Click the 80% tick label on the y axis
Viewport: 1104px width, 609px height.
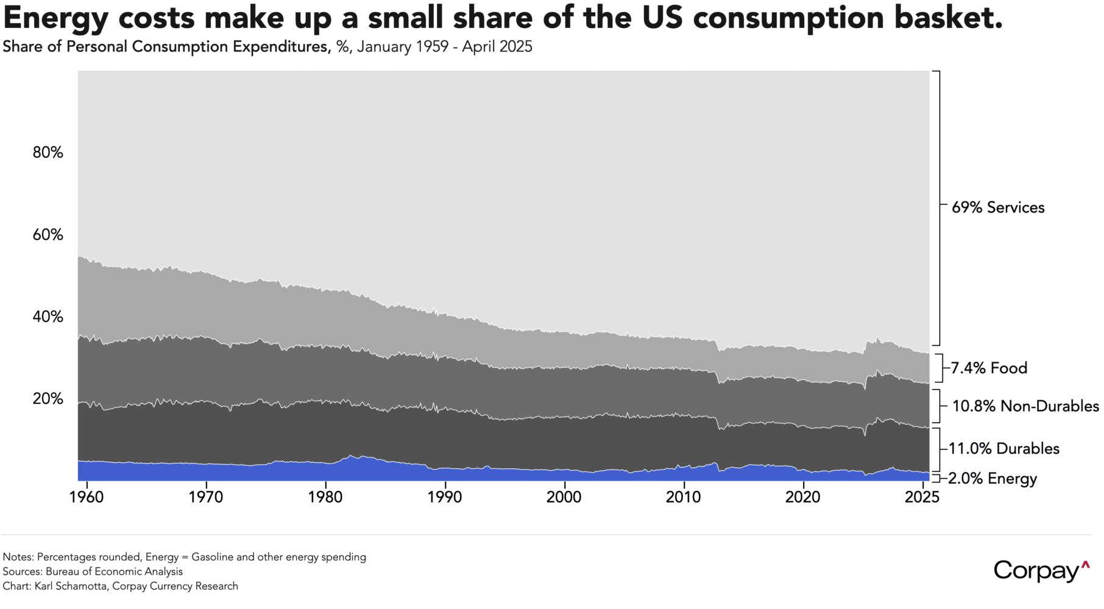click(48, 152)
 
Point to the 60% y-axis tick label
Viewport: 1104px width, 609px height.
click(48, 234)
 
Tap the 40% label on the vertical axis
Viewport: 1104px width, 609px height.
click(48, 317)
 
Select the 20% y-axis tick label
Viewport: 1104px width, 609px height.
click(48, 399)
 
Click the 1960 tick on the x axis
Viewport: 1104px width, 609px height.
click(87, 496)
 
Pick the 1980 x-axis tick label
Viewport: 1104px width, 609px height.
click(325, 496)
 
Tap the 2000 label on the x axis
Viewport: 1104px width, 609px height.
click(565, 496)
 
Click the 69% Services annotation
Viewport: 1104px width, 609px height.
click(998, 208)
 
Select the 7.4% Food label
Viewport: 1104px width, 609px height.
click(989, 368)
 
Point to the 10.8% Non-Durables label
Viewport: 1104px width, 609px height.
click(1025, 406)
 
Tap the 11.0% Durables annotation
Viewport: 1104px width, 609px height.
click(1004, 449)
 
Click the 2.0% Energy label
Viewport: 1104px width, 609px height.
click(993, 479)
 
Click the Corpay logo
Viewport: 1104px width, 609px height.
click(1041, 571)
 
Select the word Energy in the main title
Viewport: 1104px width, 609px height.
click(55, 18)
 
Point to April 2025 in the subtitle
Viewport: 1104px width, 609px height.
click(497, 47)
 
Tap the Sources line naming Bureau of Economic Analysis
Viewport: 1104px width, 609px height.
click(93, 572)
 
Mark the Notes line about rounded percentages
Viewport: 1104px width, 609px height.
click(184, 557)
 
